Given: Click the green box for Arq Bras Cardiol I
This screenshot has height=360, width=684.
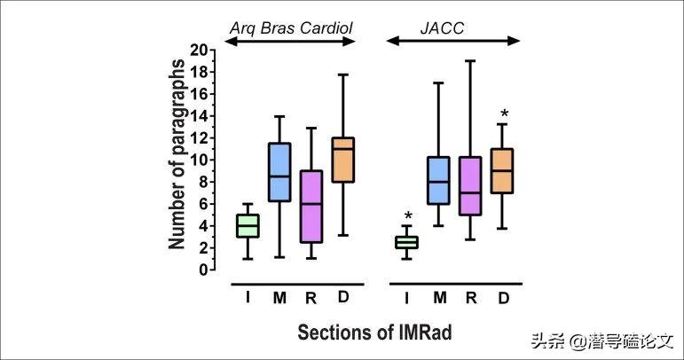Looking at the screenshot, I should pos(246,225).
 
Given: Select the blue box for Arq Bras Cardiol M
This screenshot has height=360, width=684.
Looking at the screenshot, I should pos(279,172).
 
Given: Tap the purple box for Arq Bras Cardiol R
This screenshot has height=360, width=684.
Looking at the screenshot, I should pos(311,206).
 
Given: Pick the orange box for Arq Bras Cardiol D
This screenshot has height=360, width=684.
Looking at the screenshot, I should pos(342,160).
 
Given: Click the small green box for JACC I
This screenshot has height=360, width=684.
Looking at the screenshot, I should pos(406,242).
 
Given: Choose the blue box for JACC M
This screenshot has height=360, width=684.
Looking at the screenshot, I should pos(438,181).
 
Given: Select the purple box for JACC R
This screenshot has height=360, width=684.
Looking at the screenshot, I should pos(470,185).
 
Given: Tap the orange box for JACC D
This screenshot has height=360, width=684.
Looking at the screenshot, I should pos(503,170).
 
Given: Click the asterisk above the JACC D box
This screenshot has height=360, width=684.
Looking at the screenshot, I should pos(504,114).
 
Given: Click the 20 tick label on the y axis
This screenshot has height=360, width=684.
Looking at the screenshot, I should pos(203,50).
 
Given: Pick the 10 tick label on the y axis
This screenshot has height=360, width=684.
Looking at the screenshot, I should pos(203,160).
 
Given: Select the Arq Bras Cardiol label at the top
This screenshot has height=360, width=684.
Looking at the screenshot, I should pos(291,28).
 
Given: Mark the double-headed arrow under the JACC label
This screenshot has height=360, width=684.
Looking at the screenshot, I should pos(453,42).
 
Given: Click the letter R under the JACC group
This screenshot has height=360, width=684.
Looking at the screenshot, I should pos(471,298).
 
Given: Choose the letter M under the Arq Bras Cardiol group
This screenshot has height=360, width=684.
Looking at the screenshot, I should pos(279,298).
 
